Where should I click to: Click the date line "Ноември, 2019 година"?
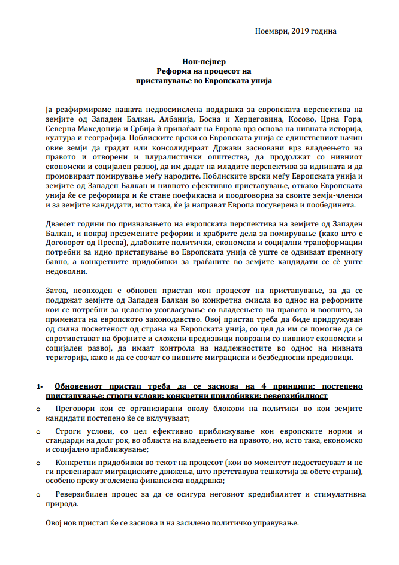[x=295, y=31]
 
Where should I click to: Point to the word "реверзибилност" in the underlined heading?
[x=298, y=396]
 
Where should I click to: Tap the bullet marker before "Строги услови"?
[x=38, y=431]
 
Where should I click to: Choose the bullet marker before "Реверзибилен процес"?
[x=38, y=495]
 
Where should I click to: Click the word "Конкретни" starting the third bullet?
[x=75, y=463]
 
